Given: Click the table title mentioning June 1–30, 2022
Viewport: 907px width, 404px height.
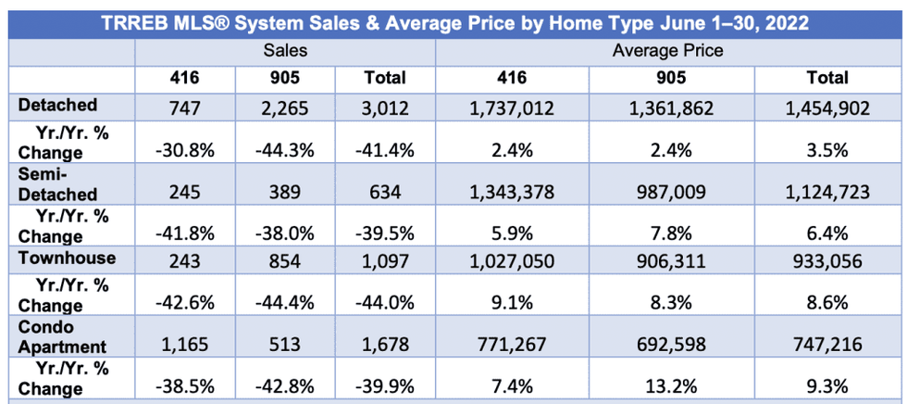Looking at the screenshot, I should [x=453, y=19].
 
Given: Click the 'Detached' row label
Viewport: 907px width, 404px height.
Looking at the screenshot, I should [x=57, y=107].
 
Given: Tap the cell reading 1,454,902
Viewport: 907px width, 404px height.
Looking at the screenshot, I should [x=826, y=108].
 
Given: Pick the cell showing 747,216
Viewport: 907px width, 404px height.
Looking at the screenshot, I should [x=826, y=345].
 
